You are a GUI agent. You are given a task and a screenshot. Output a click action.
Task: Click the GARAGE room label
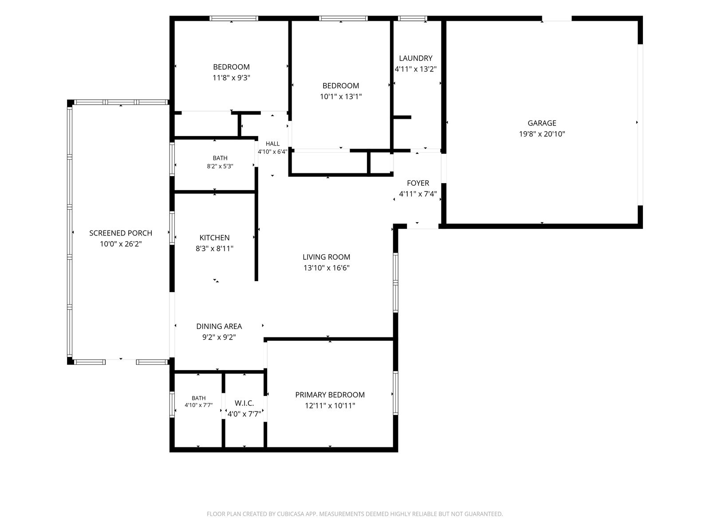(x=542, y=123)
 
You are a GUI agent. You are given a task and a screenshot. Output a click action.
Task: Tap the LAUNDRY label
(x=416, y=58)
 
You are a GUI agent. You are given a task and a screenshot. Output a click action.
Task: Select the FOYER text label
(x=418, y=183)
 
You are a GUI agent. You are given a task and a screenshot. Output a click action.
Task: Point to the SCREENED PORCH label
(x=121, y=233)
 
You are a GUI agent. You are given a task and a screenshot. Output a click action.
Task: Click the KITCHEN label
(x=214, y=238)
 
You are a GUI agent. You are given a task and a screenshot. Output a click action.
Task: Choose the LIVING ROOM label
(x=326, y=257)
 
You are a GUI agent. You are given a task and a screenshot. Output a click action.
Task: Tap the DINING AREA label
(x=219, y=326)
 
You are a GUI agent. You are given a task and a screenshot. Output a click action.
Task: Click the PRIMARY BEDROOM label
(x=330, y=395)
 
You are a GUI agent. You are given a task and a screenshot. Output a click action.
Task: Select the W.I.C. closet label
(x=244, y=403)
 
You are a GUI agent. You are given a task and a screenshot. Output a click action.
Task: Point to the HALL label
(x=272, y=144)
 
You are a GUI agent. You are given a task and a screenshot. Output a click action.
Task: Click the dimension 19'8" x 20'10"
(x=542, y=134)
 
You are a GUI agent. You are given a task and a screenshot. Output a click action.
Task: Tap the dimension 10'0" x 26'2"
(x=121, y=244)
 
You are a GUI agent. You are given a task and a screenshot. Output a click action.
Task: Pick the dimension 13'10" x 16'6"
(x=326, y=268)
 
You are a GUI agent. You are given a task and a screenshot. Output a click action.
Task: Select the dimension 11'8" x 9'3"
(x=231, y=78)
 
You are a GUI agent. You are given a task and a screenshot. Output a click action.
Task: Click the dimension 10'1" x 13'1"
(x=341, y=97)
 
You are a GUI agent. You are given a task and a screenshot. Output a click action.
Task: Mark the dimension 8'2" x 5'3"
(x=220, y=166)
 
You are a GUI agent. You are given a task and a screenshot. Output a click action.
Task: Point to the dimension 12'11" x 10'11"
(x=330, y=405)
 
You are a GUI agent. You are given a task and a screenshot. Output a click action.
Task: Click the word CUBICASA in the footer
(x=289, y=514)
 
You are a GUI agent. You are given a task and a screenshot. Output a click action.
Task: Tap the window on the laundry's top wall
(x=412, y=19)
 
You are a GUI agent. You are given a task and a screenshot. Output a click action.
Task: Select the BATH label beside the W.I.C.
(x=199, y=398)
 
